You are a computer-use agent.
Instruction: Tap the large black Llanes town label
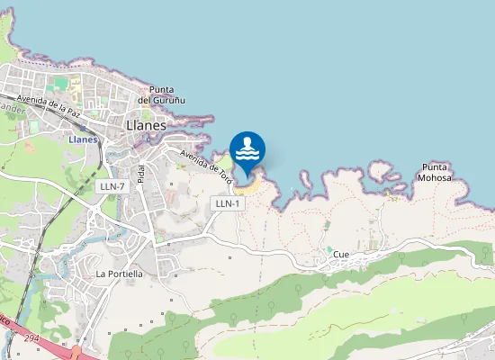click(x=146, y=125)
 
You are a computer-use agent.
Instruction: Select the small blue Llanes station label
click(x=83, y=139)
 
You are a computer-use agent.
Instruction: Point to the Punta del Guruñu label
click(x=166, y=94)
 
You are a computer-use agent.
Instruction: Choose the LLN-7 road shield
click(x=112, y=185)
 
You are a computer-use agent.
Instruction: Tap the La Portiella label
click(x=119, y=273)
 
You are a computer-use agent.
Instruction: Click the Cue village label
click(x=341, y=255)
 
